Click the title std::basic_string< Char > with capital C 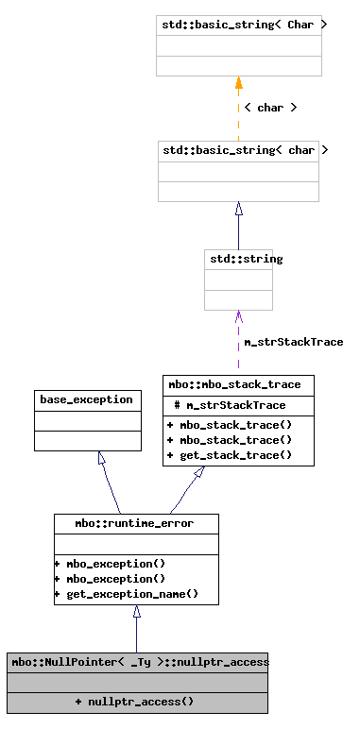(238, 25)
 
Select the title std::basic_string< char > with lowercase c (238, 150)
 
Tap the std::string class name (238, 258)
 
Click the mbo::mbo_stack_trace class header (238, 384)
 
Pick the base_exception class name (86, 399)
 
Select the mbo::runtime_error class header (136, 523)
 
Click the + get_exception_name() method (127, 594)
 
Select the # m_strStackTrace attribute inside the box (230, 405)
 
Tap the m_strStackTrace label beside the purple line (293, 342)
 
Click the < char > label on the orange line (270, 108)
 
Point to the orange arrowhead (238, 83)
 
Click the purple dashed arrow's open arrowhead (238, 315)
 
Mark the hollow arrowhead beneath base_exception (100, 458)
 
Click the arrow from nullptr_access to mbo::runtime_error (136, 628)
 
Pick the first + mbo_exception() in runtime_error (110, 564)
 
